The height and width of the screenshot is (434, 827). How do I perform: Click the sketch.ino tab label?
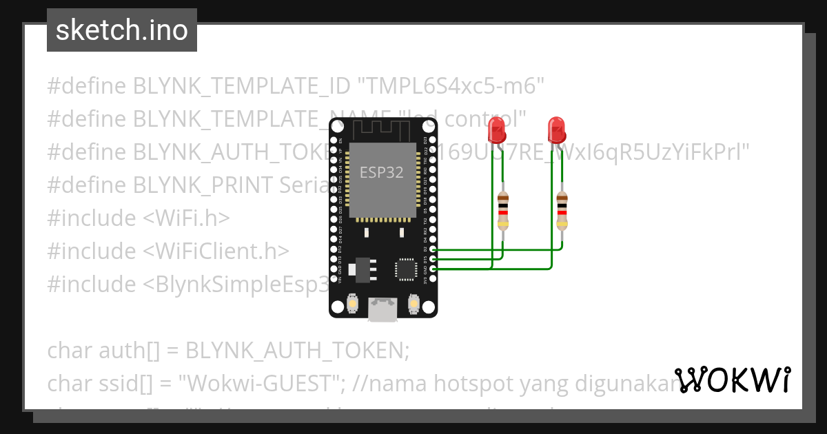tap(122, 30)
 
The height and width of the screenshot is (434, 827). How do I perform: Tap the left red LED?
tap(496, 129)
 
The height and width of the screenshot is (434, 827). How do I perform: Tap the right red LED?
tap(556, 129)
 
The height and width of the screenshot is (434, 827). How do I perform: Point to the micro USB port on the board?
tap(382, 309)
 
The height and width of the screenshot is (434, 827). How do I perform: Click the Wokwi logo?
tap(733, 380)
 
